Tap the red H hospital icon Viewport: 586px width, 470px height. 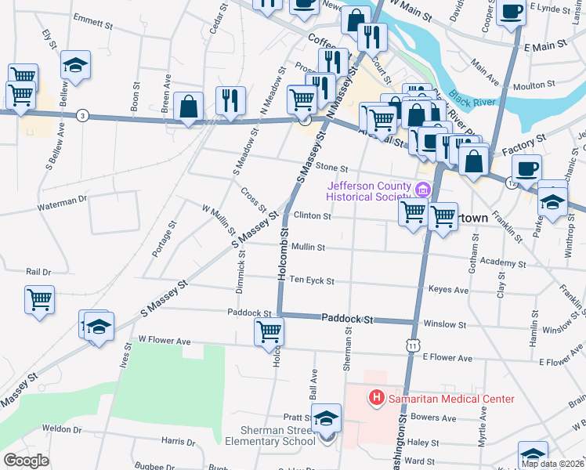377,399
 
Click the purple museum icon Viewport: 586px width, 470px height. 423,190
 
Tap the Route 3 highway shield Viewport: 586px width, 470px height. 83,116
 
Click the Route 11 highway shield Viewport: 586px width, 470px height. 412,345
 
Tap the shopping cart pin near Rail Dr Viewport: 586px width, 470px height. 40,299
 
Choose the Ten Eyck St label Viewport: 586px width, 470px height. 312,280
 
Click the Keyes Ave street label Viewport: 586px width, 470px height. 448,290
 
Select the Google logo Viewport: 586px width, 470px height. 27,461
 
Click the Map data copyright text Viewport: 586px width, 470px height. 553,464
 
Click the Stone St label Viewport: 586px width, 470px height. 331,168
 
